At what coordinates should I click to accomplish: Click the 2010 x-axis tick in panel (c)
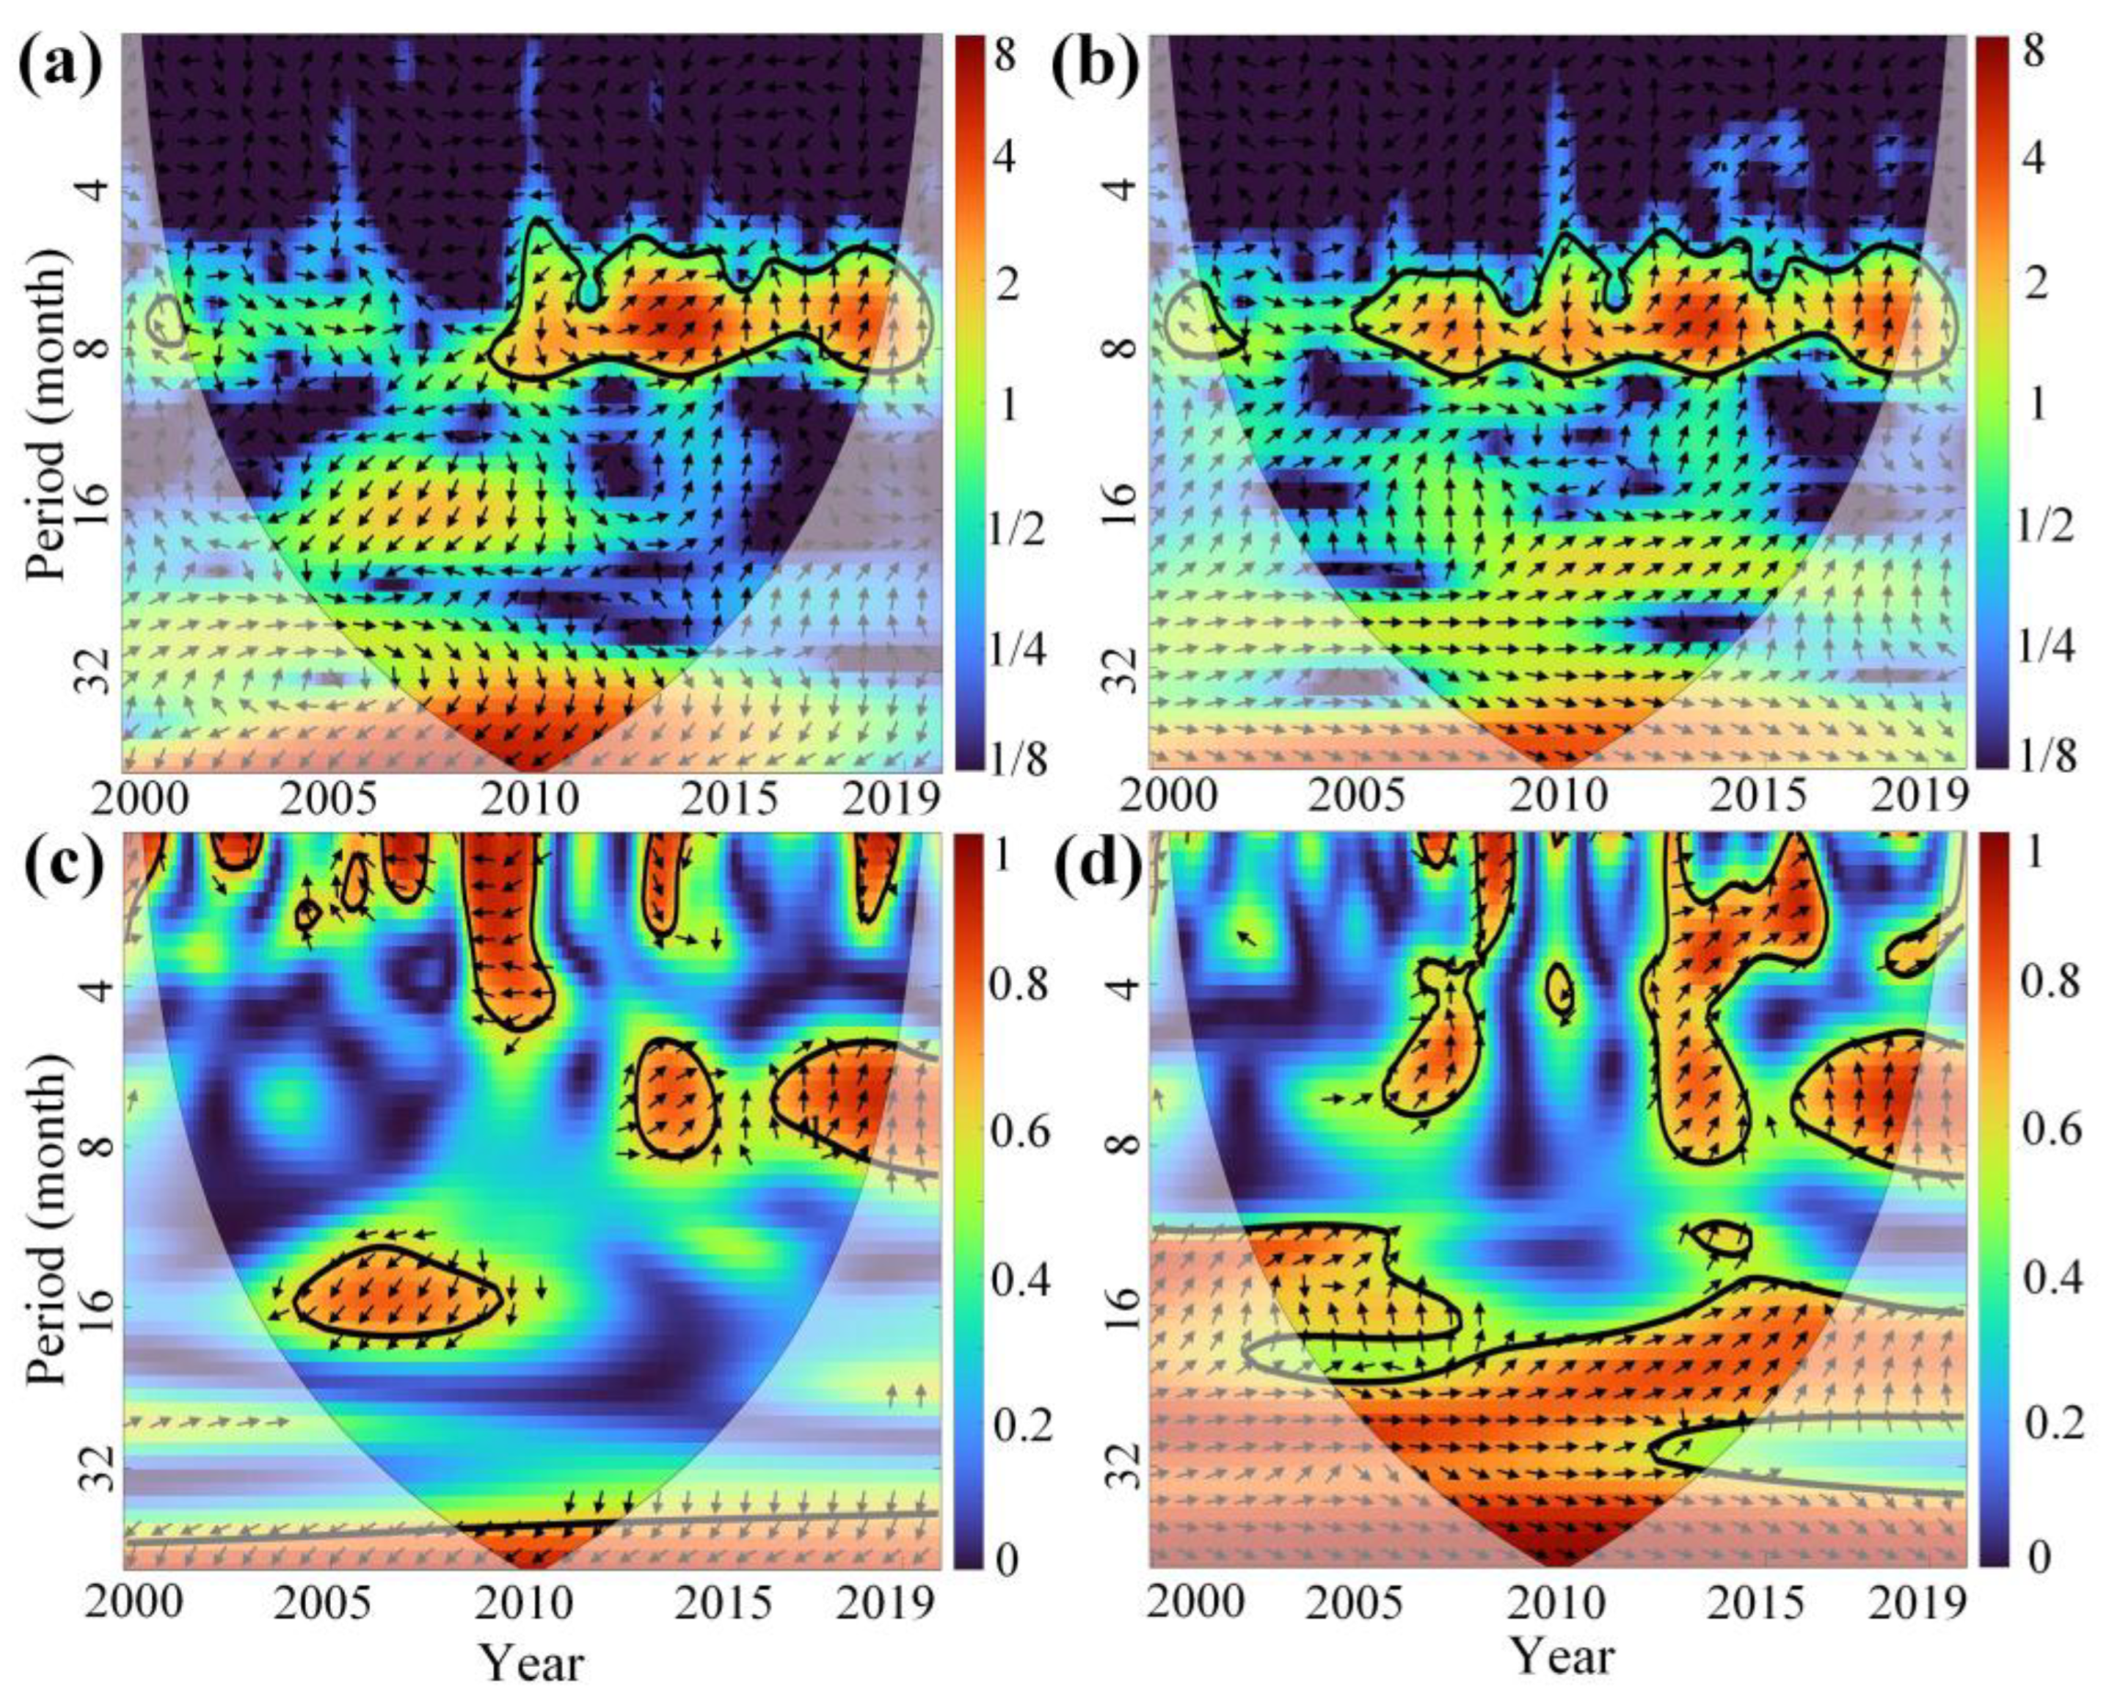529,1604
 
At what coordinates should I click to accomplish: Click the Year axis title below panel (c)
529,1665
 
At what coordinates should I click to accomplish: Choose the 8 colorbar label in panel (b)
2032,51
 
